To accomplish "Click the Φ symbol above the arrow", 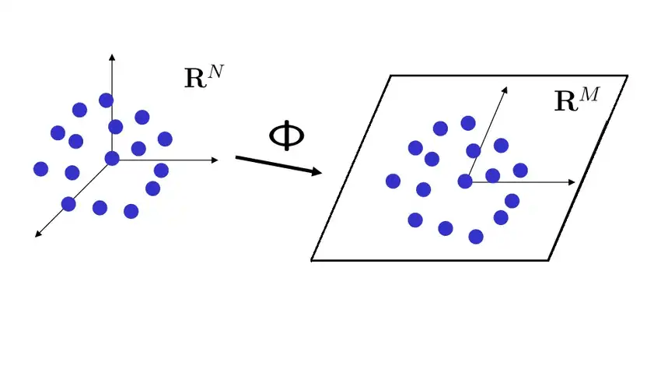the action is [x=287, y=135].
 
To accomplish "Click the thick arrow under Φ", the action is [x=278, y=165].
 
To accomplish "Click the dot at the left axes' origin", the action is [x=112, y=158].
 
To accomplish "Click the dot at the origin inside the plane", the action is [x=465, y=181].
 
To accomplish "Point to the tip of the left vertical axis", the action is [x=113, y=55].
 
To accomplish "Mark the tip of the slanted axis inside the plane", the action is [x=506, y=90].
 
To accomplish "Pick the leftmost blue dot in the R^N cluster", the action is [x=41, y=168].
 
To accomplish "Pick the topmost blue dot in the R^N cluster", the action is [x=106, y=100].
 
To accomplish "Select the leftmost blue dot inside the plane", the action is [x=393, y=181].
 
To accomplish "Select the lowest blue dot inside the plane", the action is [x=476, y=236].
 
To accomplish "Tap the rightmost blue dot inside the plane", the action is [x=520, y=170].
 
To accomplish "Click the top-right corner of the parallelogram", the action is [x=626, y=76].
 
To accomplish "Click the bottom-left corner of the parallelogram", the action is [x=313, y=259].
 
